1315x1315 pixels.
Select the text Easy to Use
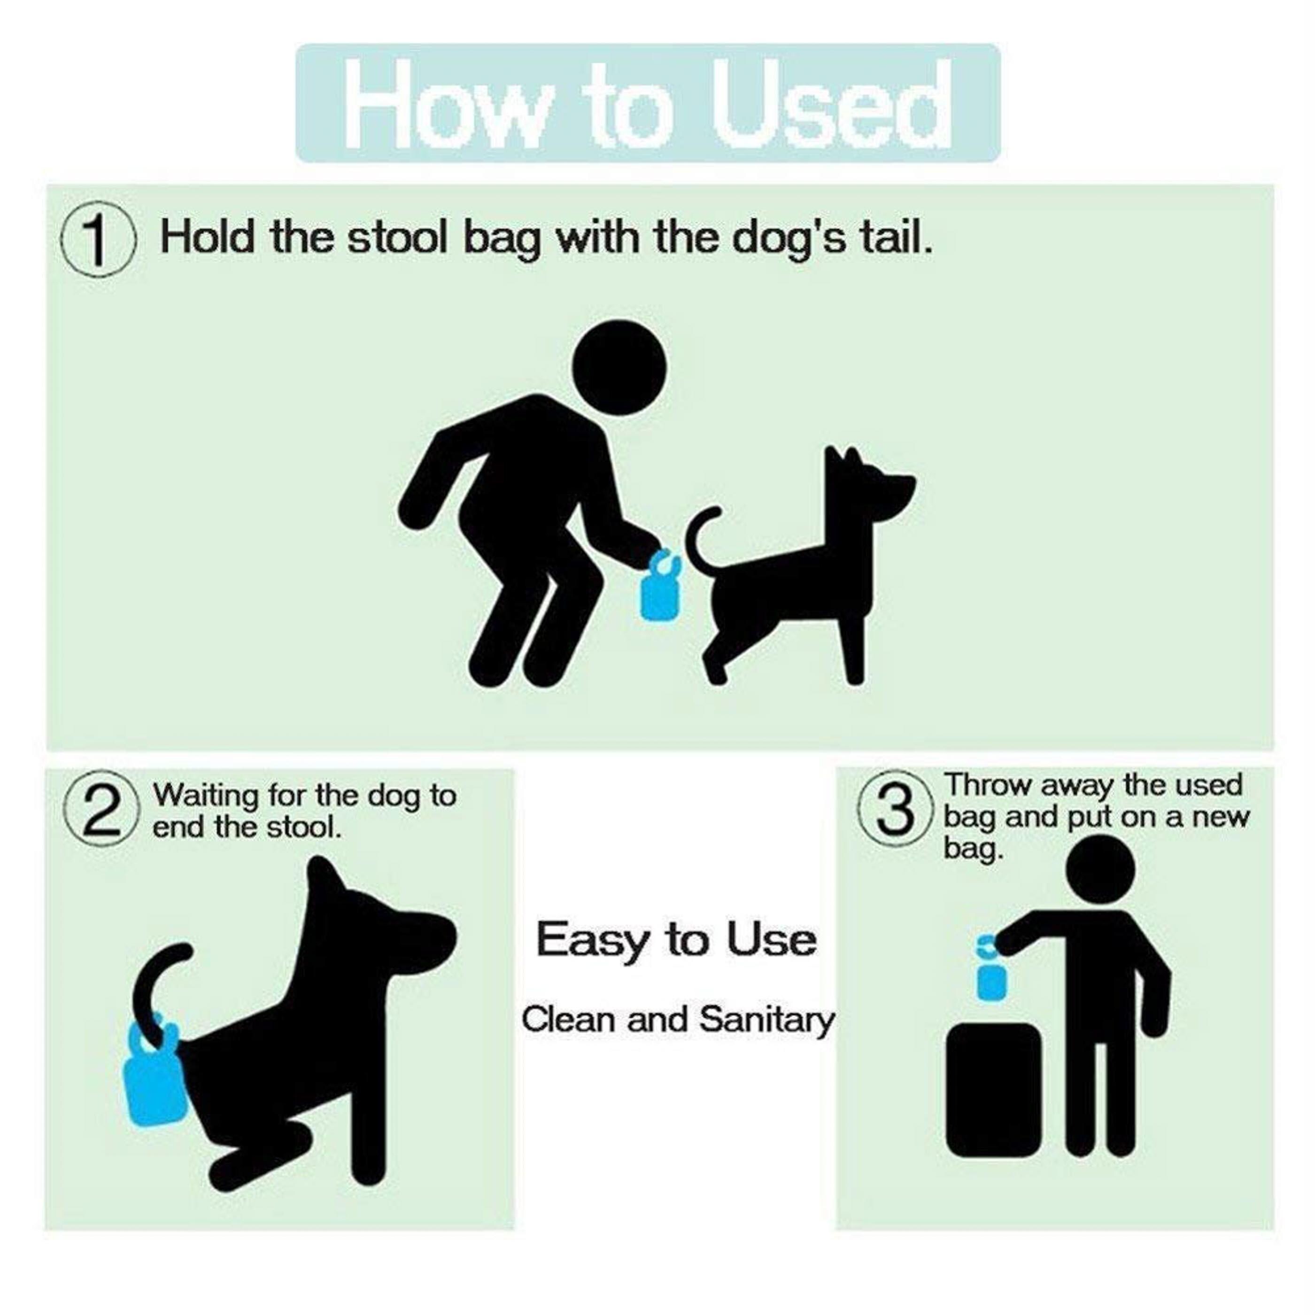click(676, 940)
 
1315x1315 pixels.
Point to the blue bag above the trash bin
click(990, 975)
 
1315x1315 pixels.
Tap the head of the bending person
click(619, 368)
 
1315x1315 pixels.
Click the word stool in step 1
click(401, 238)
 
